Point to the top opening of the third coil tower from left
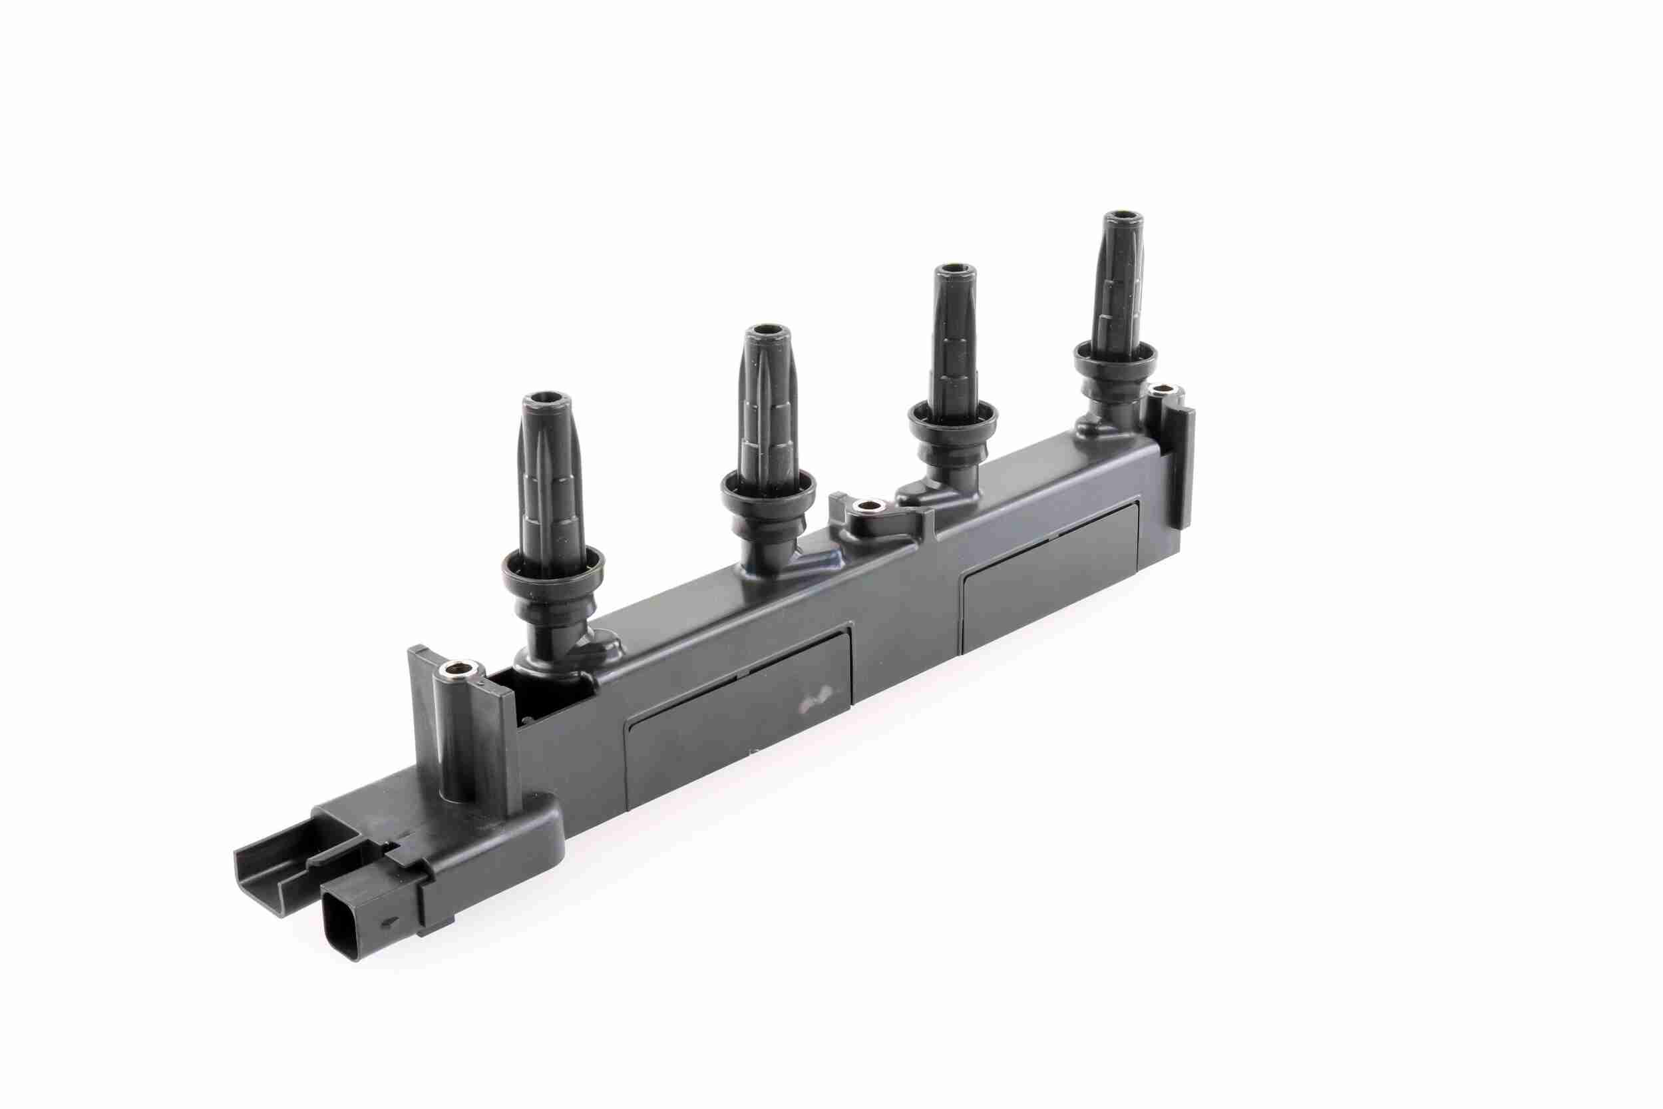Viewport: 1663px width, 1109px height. (954, 271)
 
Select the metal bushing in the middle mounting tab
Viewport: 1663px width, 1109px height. (869, 507)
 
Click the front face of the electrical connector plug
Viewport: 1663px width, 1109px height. (344, 927)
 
